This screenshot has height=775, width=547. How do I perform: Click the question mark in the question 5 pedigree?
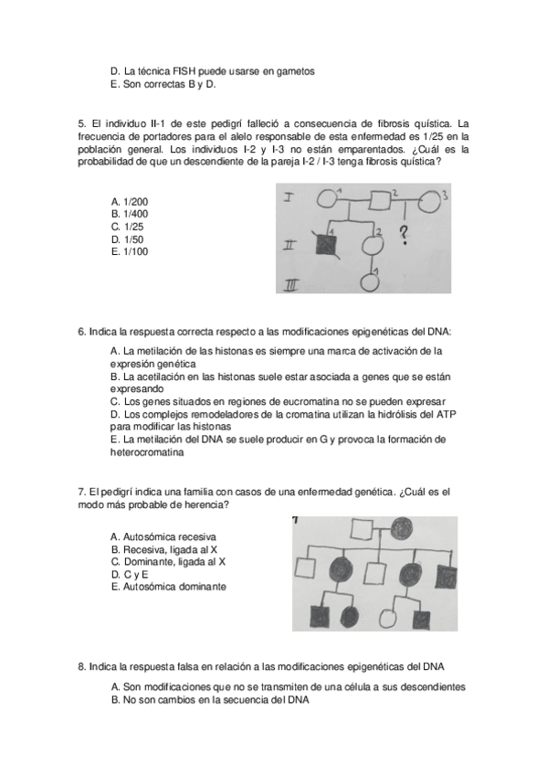click(x=405, y=235)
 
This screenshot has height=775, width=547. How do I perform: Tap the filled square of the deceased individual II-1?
click(x=326, y=244)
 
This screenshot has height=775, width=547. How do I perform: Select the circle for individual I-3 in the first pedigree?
click(x=430, y=201)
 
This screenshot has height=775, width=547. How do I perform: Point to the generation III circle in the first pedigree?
click(x=370, y=282)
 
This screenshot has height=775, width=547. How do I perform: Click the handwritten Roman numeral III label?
click(x=292, y=283)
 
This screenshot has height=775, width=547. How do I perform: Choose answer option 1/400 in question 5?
click(x=130, y=214)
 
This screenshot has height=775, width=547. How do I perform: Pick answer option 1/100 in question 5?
click(x=130, y=251)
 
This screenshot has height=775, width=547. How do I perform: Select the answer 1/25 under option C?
click(x=127, y=227)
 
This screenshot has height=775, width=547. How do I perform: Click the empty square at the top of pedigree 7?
click(x=362, y=529)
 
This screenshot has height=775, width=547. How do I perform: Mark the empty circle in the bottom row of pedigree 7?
click(x=388, y=618)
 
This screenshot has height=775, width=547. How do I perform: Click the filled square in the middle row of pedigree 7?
click(x=446, y=575)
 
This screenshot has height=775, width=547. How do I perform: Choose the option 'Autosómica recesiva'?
click(x=163, y=536)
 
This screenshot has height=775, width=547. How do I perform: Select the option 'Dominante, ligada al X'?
click(x=168, y=562)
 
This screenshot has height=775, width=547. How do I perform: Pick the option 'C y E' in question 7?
click(x=130, y=574)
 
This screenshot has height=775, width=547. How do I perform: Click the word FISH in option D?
click(x=184, y=71)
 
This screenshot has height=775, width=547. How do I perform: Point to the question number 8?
click(x=81, y=667)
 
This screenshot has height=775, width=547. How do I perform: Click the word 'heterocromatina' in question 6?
click(x=147, y=452)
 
